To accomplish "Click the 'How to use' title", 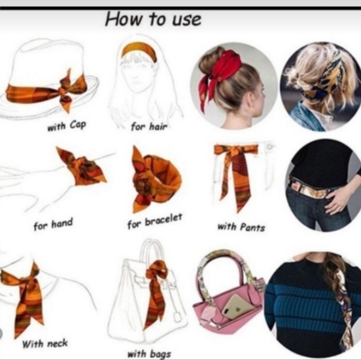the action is [x=153, y=19].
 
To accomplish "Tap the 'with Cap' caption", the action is [x=67, y=126].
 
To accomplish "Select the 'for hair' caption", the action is [x=149, y=126].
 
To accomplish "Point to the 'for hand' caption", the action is [x=53, y=224].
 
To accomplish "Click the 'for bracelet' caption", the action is [x=155, y=221].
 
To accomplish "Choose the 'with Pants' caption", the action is [x=241, y=228].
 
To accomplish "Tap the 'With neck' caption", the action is [x=45, y=344].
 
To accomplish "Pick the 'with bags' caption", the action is [x=149, y=354].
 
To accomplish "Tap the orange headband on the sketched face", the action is [x=139, y=50].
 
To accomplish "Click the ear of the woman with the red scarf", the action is [x=250, y=99].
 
